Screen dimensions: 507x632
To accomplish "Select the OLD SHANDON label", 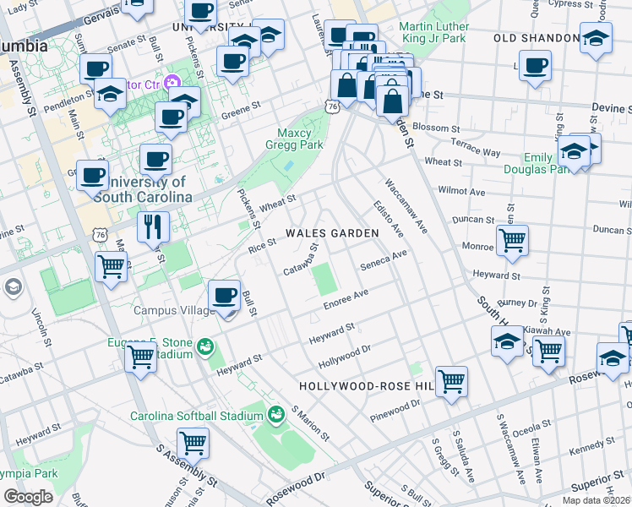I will [537, 39].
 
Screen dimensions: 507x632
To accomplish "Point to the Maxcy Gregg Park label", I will [301, 139].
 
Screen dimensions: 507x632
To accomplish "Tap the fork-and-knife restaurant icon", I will [153, 226].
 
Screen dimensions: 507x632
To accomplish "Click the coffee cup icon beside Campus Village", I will [224, 295].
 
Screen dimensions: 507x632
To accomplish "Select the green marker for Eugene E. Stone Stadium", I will [204, 346].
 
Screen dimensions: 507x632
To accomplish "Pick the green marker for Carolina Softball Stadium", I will [275, 415].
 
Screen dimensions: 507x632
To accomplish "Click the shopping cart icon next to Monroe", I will [512, 240].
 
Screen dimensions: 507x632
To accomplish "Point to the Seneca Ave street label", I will [384, 259].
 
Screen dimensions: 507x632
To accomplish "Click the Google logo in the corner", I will [28, 496].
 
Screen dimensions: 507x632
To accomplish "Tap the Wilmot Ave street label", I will [466, 192].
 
